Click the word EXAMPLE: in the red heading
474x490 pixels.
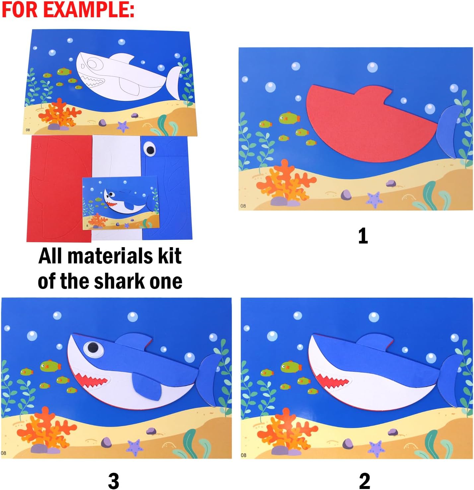[89, 9]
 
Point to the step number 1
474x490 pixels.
[363, 236]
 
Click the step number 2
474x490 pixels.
[364, 481]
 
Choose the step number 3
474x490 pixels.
[113, 481]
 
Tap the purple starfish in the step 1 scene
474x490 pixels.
[374, 200]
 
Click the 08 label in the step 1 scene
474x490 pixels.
[243, 206]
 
